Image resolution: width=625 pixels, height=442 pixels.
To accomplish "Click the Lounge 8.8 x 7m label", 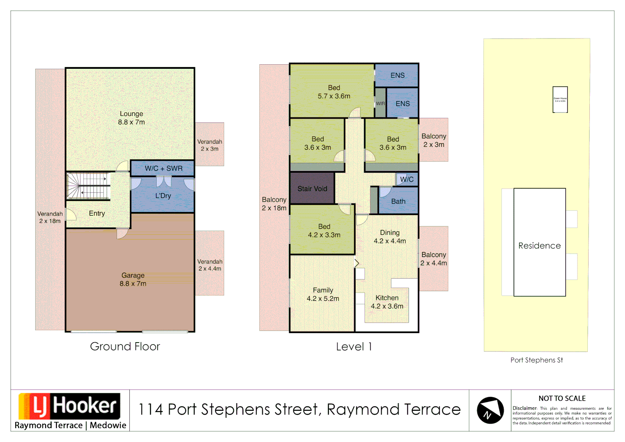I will coord(131,118).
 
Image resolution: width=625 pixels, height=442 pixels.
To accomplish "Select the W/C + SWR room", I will coord(163,168).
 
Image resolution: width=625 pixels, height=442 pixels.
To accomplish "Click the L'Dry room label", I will coord(163,196).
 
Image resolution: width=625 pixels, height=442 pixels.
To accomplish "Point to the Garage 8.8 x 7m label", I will coord(133,280).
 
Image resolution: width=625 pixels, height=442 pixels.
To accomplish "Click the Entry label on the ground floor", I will coord(97,213).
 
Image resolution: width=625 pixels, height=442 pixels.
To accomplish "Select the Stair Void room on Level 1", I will coord(312,189).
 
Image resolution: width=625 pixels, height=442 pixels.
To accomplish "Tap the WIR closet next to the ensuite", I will coord(380,104).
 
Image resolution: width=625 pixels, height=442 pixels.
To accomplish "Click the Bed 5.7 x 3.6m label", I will coord(334,92).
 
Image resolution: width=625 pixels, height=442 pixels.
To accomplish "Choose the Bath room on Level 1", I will coord(398,201).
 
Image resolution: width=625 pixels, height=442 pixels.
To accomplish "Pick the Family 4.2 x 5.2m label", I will coord(323,294).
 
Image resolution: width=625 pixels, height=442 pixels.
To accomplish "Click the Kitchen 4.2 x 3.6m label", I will coord(387,302).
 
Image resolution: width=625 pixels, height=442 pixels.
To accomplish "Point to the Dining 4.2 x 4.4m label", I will coord(389,237).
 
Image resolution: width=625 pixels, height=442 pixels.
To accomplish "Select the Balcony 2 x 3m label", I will coord(434,140).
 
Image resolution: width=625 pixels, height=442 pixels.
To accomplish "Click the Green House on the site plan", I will coord(560,99).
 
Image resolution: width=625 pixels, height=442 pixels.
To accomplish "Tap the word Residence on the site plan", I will coord(539,246).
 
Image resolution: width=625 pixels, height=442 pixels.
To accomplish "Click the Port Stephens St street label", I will coord(536,360).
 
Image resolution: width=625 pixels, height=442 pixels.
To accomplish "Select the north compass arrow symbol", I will coord(490,410).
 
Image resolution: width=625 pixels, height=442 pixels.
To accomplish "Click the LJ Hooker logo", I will coord(70,407).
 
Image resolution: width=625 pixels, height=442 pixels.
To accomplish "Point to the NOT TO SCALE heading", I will coord(562,398).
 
